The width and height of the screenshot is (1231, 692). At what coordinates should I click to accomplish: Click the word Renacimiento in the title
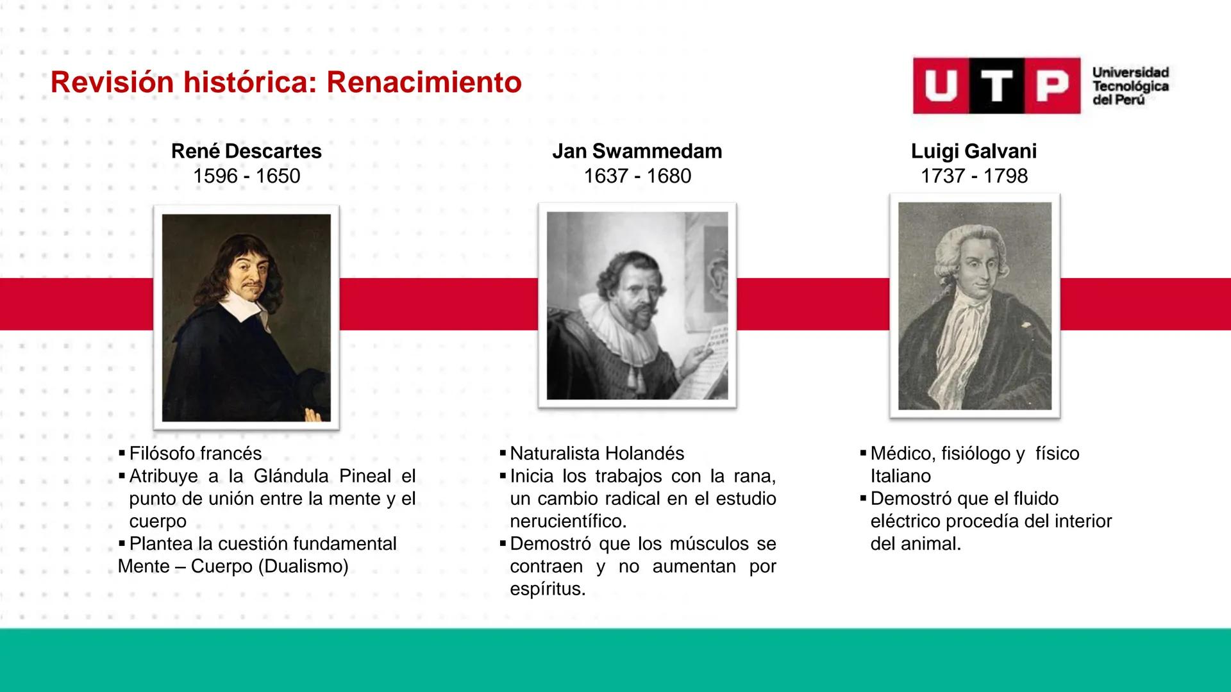click(424, 83)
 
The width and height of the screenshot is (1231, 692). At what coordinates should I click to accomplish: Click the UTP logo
click(996, 86)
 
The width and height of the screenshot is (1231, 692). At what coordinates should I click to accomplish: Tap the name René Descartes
click(246, 151)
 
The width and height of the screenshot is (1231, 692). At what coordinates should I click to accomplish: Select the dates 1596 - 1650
click(246, 176)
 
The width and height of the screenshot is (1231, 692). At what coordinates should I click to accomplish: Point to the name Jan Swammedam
click(637, 151)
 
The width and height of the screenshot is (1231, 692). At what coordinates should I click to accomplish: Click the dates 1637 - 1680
click(637, 176)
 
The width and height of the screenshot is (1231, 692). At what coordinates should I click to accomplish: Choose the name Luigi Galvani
click(973, 151)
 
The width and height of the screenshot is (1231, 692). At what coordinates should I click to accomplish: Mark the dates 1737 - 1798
click(973, 176)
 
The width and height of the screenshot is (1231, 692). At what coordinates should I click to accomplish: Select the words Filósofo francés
click(195, 454)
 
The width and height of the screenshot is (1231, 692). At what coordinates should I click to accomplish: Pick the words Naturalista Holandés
click(596, 454)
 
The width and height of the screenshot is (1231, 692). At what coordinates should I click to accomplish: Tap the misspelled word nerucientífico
click(568, 521)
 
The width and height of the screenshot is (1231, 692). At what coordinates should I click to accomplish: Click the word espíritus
click(548, 589)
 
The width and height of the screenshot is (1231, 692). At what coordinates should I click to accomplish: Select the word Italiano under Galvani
click(900, 476)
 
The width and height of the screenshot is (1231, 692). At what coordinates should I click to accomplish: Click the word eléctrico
click(905, 521)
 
